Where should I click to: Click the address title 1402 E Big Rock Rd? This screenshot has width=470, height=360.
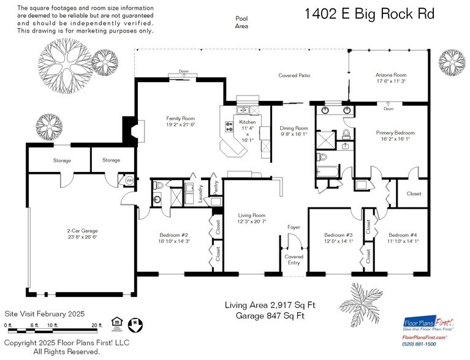point(369,14)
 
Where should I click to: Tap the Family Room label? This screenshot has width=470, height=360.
point(180,121)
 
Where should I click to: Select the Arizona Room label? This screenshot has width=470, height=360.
point(390,78)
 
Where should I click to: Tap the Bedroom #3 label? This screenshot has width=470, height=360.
point(339,238)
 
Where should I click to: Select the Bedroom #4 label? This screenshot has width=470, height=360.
point(403,238)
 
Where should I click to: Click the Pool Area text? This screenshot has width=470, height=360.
point(242,23)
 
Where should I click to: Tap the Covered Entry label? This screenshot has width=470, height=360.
point(294,260)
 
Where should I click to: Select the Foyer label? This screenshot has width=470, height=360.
point(294,227)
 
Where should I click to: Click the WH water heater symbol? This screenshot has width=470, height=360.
point(129,181)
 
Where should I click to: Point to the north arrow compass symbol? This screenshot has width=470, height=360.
point(138,323)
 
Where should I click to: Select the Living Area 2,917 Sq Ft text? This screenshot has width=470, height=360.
point(270,304)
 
